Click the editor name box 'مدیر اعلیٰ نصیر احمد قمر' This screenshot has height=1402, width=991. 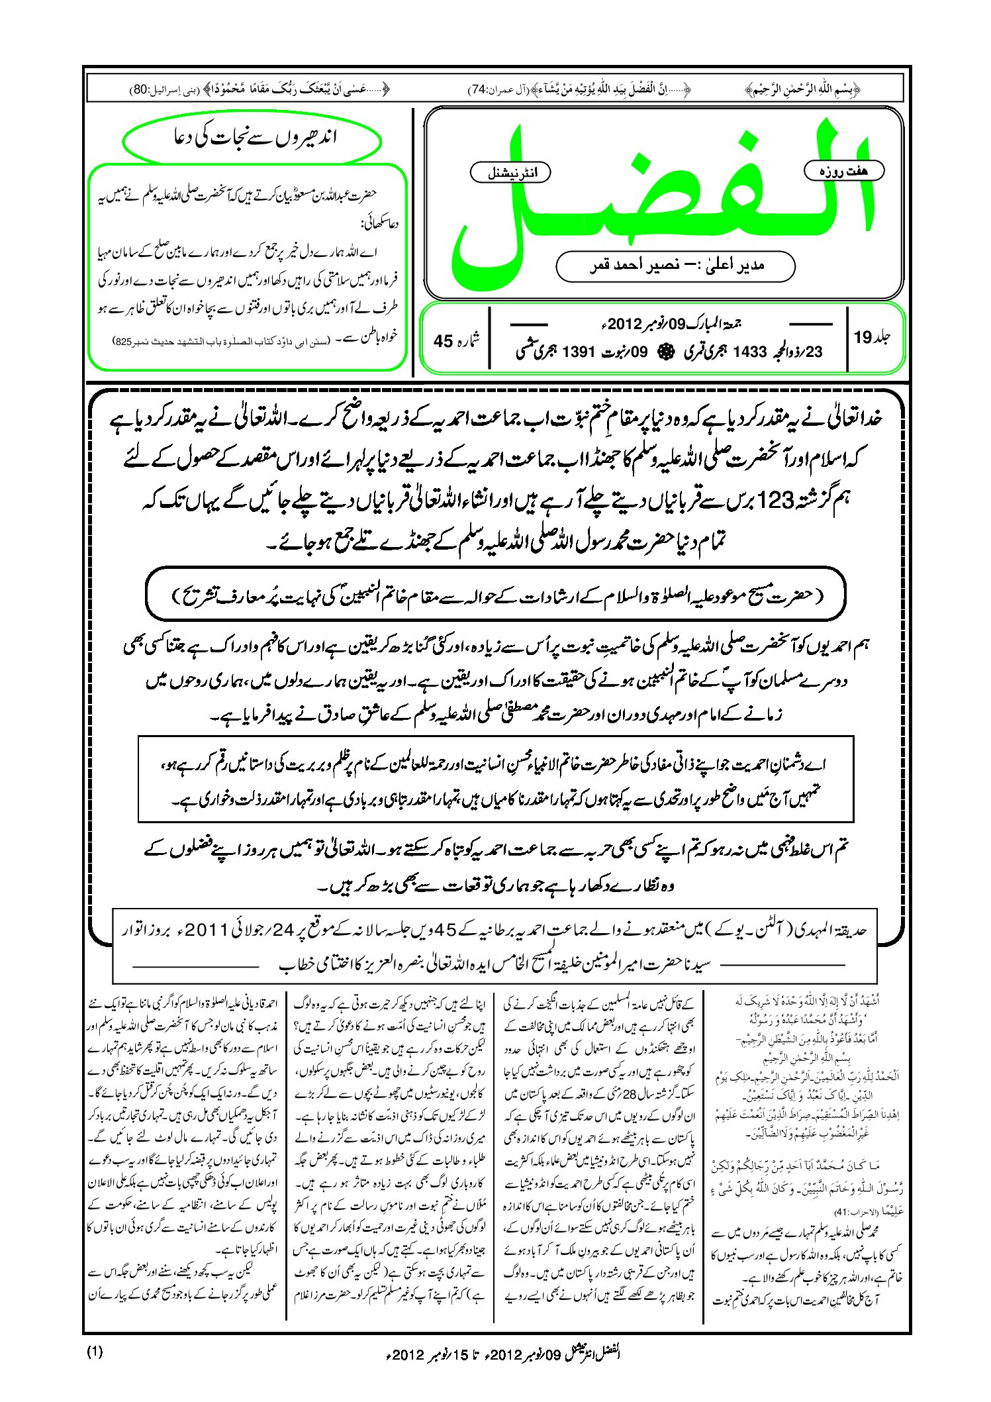click(675, 266)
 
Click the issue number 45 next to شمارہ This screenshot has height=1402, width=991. click(443, 341)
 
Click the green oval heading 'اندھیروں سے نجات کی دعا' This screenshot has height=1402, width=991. click(252, 139)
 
